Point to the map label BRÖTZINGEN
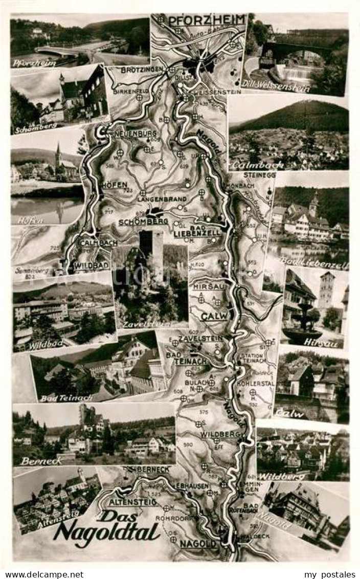pyautogui.click(x=144, y=69)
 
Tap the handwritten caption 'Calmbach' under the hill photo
pyautogui.click(x=250, y=166)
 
